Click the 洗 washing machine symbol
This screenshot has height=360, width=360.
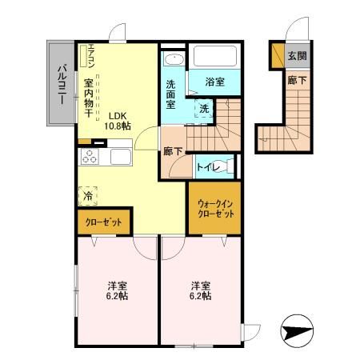point(203,108)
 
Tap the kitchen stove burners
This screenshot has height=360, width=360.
point(89,157)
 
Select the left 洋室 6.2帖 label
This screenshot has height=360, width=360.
point(118,290)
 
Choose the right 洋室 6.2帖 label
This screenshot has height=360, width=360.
point(200,290)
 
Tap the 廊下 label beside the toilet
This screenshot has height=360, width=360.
point(172,151)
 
